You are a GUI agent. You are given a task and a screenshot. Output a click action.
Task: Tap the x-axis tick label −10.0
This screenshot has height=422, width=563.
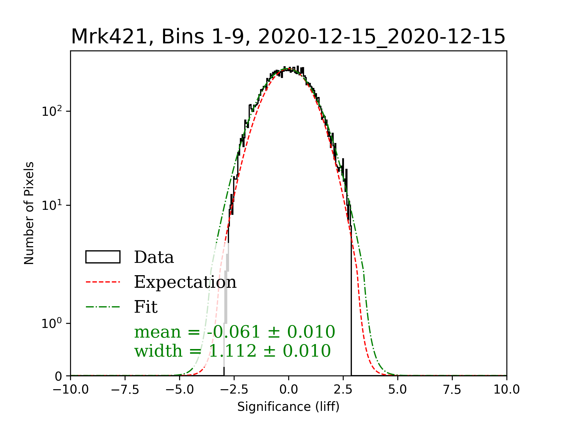[x=70, y=390]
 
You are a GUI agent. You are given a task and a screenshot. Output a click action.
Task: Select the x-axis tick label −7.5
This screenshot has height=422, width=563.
[x=125, y=390]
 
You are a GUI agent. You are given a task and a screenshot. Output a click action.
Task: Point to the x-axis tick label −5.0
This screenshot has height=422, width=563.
[x=179, y=390]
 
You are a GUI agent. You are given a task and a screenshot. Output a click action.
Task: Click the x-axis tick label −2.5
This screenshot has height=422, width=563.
[x=234, y=390]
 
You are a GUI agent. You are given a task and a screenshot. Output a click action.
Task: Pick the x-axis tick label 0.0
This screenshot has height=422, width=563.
[x=289, y=390]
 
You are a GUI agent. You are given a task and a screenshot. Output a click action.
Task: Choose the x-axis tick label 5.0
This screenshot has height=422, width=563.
[x=398, y=390]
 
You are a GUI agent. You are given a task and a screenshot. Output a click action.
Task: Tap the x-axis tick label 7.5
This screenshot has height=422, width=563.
[x=452, y=390]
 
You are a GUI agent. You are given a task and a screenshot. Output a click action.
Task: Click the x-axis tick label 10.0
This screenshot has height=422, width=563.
[x=506, y=390]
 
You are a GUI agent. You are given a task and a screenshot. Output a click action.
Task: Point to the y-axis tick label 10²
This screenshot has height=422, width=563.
[x=52, y=111]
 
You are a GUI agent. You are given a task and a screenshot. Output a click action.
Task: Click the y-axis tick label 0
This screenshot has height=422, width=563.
[x=59, y=377]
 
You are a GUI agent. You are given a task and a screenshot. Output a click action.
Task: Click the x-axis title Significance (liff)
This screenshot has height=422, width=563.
[x=288, y=407]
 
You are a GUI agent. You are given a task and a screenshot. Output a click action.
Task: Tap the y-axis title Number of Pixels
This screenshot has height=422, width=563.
[x=29, y=213]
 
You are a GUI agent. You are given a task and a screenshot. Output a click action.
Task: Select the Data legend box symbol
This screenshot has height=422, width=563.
[x=103, y=257]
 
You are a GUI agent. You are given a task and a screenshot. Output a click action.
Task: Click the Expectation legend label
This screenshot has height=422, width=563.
[x=185, y=282]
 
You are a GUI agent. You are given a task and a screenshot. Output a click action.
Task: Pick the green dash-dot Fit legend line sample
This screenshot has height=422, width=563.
[x=103, y=307]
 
